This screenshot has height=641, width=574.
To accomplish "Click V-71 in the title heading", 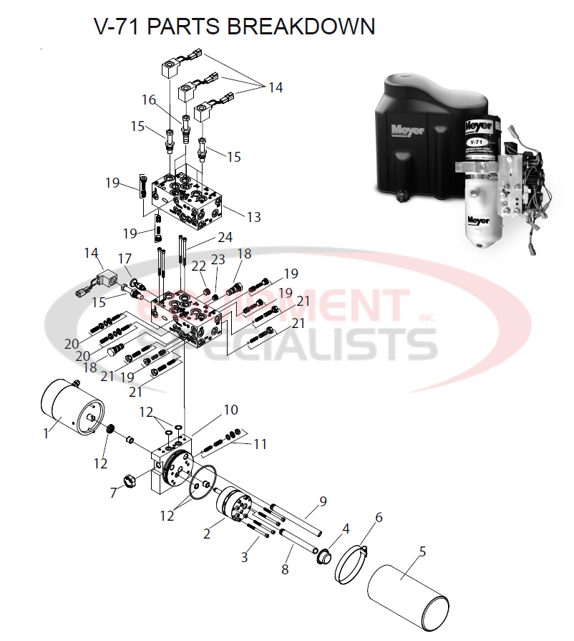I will (120, 26).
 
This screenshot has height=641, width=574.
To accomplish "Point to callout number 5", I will (422, 551).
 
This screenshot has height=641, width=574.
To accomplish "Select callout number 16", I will (148, 100).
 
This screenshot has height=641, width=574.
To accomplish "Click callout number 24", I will (225, 237).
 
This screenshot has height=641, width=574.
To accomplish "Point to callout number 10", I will (230, 410).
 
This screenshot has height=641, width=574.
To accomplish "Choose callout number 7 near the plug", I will (114, 492).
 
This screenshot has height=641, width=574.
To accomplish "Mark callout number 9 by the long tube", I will (323, 501).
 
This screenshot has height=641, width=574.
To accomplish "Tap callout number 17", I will (125, 258).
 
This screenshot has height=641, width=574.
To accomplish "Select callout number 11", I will (259, 444).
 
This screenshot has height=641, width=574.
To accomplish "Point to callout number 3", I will (244, 556).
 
